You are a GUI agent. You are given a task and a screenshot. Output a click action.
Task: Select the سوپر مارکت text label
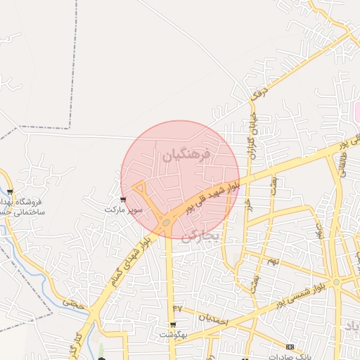(x=124, y=210)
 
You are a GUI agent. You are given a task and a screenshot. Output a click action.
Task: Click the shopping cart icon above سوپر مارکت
(x=124, y=200)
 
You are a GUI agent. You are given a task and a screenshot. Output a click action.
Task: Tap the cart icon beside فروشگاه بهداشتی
(x=10, y=192)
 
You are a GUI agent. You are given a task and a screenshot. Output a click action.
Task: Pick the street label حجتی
(x=72, y=303)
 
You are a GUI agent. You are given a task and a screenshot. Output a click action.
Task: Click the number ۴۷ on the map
(x=177, y=309)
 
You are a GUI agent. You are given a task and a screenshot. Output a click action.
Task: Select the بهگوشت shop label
(x=173, y=335)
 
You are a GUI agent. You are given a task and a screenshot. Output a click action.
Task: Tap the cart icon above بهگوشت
(x=173, y=325)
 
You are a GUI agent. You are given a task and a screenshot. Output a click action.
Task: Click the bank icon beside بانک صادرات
(x=290, y=347)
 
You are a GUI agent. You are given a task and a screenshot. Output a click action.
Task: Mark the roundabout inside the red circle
(x=167, y=223)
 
